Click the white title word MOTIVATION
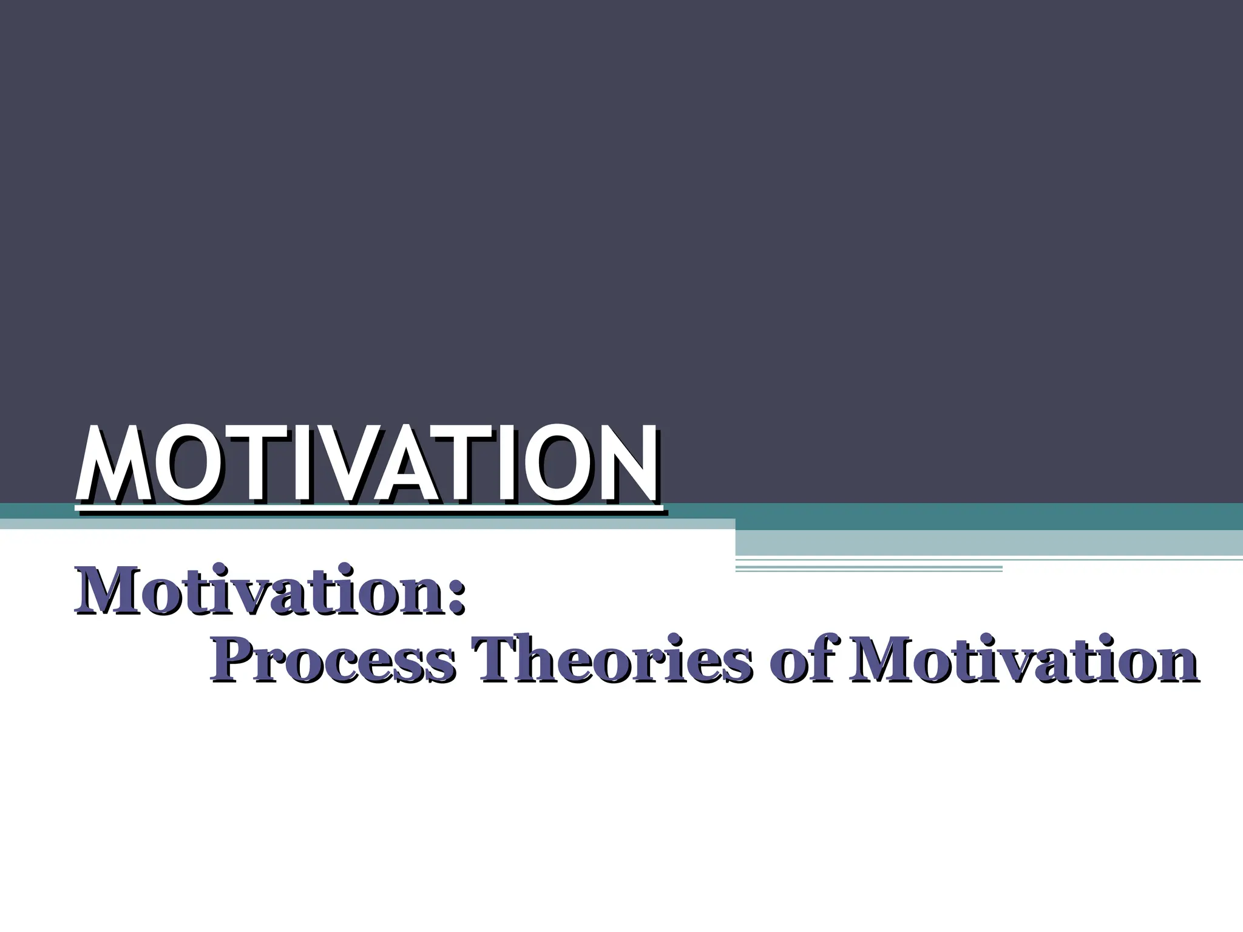367,464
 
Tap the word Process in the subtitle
333,660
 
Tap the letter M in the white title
113,464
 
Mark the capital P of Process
231,660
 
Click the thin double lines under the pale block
868,569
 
